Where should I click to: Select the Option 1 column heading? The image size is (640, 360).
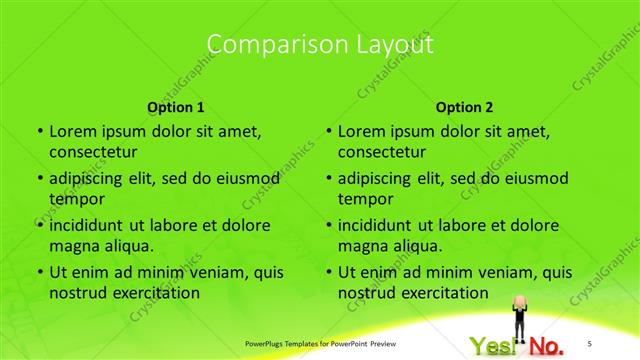click(176, 107)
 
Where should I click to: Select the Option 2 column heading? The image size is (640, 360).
click(465, 107)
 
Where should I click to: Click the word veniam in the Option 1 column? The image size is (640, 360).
click(206, 272)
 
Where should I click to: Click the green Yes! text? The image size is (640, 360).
click(494, 346)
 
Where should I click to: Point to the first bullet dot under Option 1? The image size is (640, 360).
click(38, 131)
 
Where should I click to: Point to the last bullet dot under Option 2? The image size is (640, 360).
click(327, 272)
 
